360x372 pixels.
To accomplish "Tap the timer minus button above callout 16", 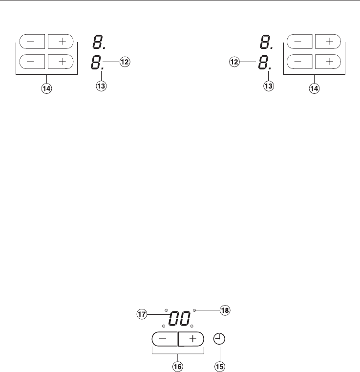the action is tap(165, 339).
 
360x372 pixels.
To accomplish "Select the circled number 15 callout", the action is tap(221, 366).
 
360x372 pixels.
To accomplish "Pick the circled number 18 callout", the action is tap(225, 310).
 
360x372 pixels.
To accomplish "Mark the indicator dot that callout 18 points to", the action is tap(194, 310).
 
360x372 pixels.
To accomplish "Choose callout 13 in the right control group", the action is tap(268, 86).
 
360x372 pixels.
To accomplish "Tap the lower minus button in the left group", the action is tap(32, 62).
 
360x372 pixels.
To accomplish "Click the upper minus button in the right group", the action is tap(298, 42).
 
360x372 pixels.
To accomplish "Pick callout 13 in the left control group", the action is tap(102, 86).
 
